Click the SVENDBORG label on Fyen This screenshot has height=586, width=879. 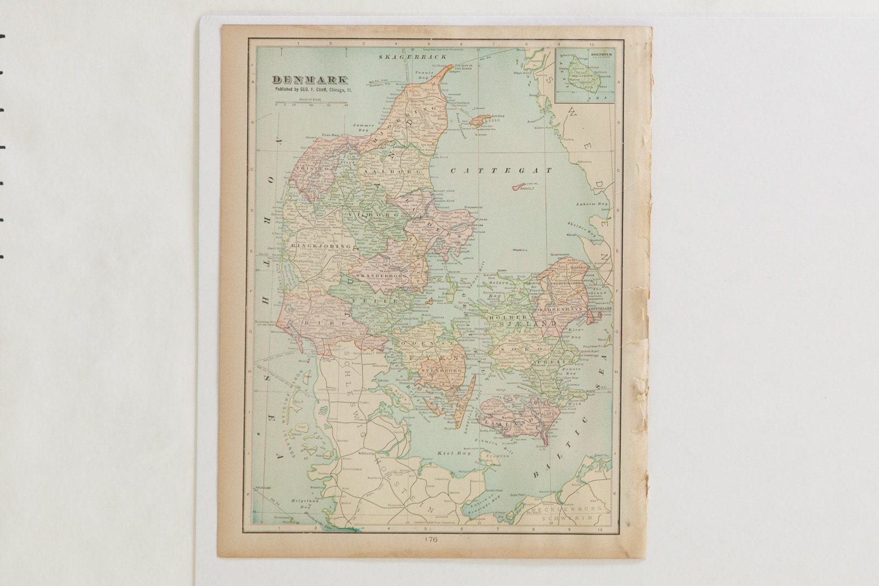pos(439,371)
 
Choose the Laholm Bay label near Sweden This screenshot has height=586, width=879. pos(593,204)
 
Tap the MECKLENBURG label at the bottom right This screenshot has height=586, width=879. pos(566,510)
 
